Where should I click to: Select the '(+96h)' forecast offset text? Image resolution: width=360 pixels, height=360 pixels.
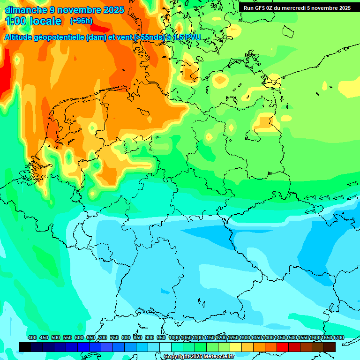pyautogui.click(x=81, y=21)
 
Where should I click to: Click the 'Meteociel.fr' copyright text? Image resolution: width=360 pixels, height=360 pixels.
pyautogui.click(x=215, y=357)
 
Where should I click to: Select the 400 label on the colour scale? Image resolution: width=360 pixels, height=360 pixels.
pyautogui.click(x=32, y=337)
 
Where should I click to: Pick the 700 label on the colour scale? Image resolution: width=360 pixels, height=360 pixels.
pyautogui.click(x=103, y=337)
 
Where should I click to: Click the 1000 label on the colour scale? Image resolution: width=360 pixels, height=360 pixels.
pyautogui.click(x=174, y=337)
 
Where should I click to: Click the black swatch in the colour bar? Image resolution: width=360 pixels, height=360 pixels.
pyautogui.click(x=25, y=347)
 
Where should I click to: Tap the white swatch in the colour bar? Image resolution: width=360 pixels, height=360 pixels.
pyautogui.click(x=165, y=347)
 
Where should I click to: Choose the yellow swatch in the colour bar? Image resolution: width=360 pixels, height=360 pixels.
pyautogui.click(x=236, y=347)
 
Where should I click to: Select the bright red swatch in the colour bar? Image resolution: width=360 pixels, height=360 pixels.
pyautogui.click(x=283, y=347)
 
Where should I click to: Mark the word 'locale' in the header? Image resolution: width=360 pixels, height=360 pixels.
pyautogui.click(x=45, y=21)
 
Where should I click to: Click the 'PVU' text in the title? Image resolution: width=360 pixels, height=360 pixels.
pyautogui.click(x=192, y=37)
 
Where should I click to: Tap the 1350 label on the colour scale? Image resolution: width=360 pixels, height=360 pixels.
pyautogui.click(x=256, y=337)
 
